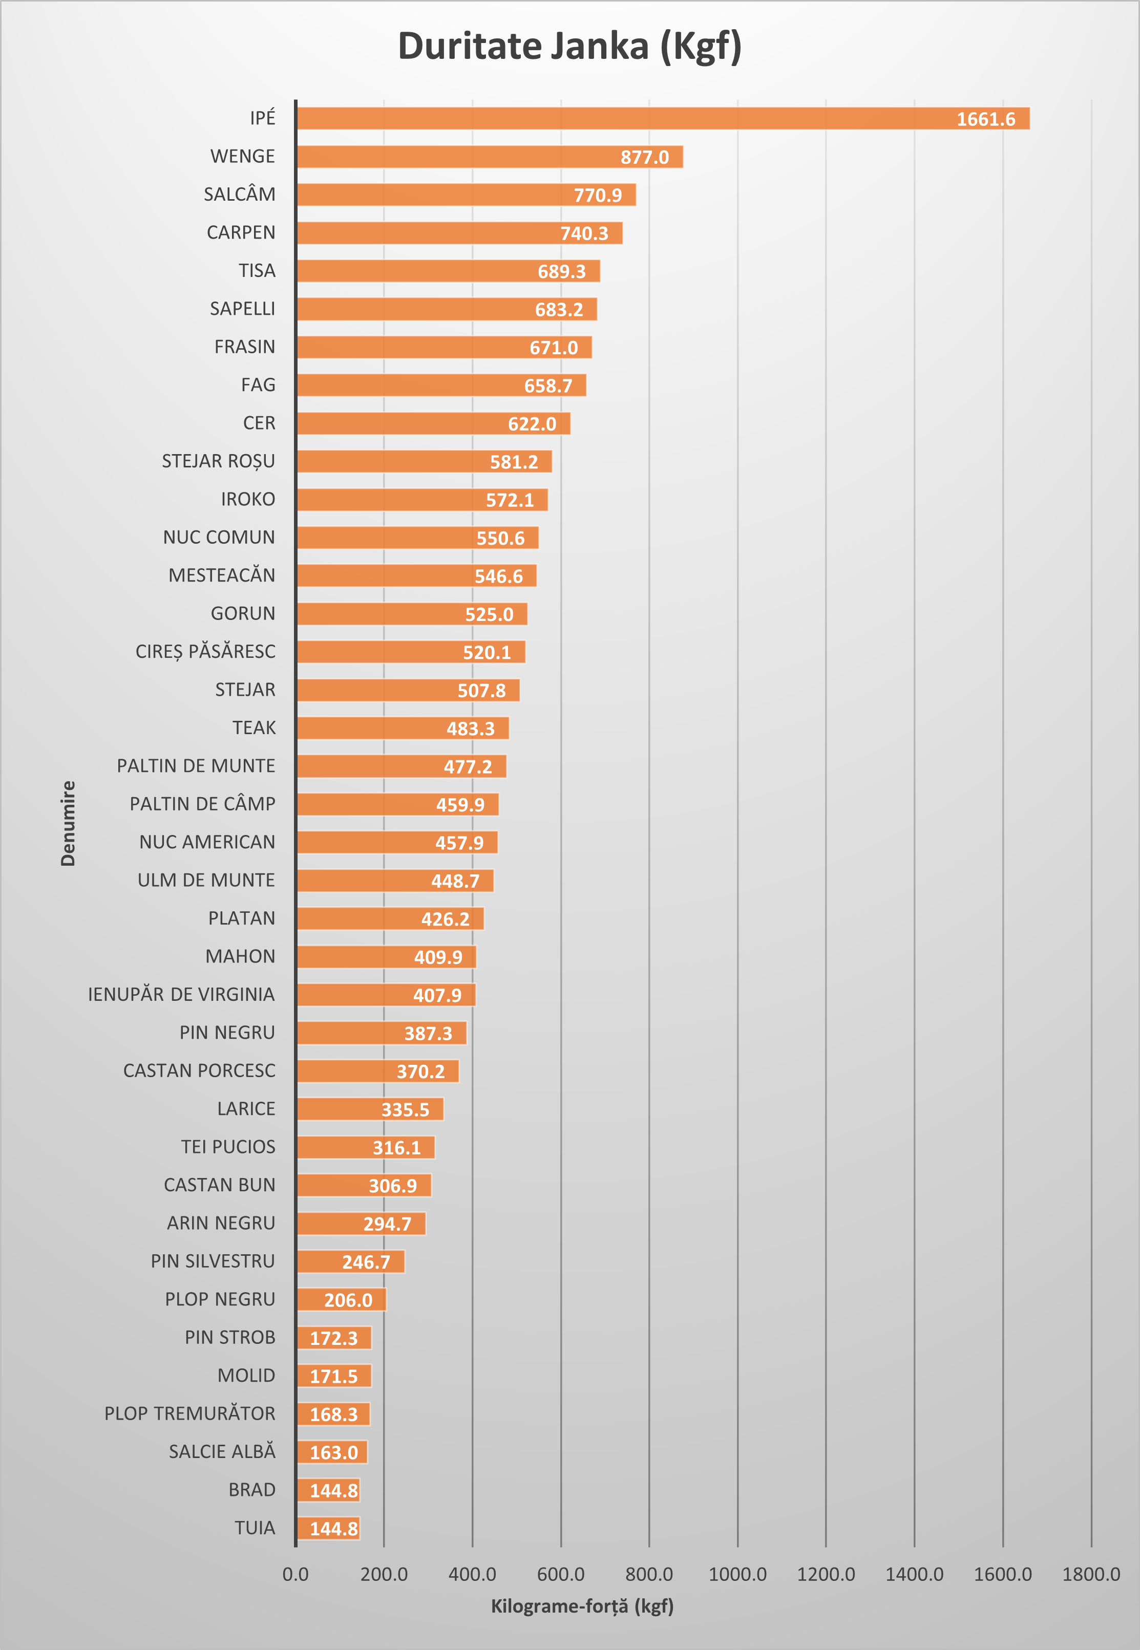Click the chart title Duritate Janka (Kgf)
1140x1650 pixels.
[569, 47]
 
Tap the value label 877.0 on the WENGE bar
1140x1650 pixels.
[644, 157]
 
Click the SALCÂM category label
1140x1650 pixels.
[239, 194]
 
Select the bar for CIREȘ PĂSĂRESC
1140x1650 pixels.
[411, 652]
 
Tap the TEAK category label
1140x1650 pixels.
[254, 727]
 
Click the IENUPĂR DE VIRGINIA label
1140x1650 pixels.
[181, 995]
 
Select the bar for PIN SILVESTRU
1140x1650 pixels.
[350, 1261]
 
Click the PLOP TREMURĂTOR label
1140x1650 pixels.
[189, 1413]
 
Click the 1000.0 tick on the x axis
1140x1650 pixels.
[737, 1574]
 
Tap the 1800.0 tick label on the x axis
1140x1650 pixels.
[1091, 1574]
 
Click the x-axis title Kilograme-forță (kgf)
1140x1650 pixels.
[582, 1606]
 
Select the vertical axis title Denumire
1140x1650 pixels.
[68, 823]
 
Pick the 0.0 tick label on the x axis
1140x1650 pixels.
[295, 1574]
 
